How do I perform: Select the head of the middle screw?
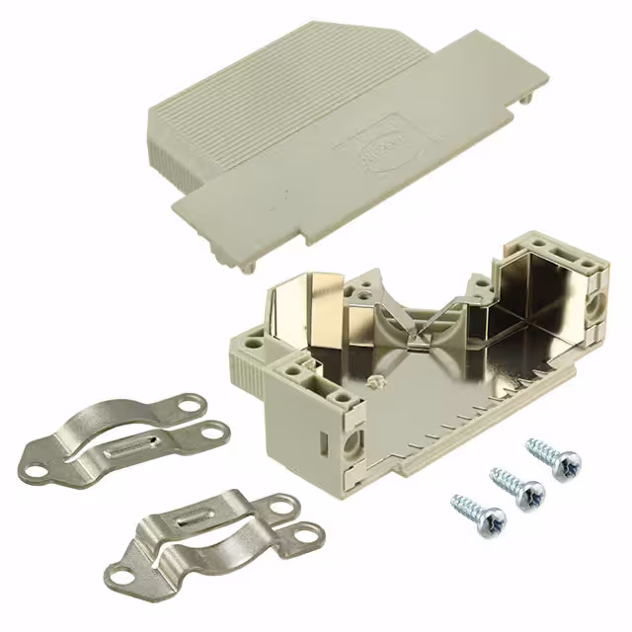pos(530,491)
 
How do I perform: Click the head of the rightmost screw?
pos(567,463)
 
